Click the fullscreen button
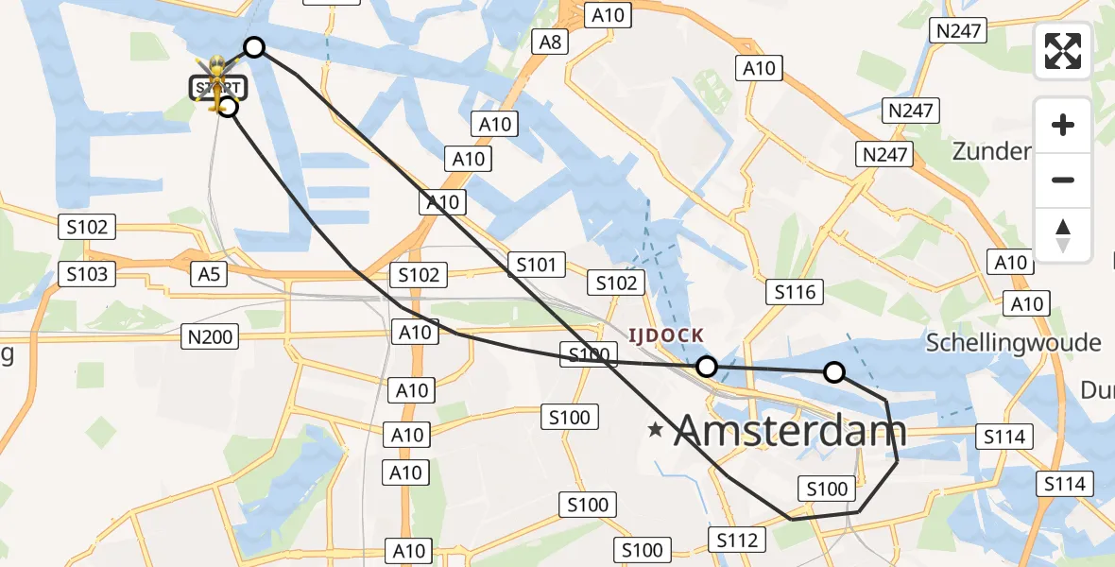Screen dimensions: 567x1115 pyautogui.click(x=1063, y=51)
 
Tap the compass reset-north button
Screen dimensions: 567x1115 pyautogui.click(x=1063, y=235)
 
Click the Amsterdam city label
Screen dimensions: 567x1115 pyautogui.click(x=790, y=432)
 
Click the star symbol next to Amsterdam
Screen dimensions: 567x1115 pyautogui.click(x=656, y=431)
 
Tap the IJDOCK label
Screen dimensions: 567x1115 pyautogui.click(x=668, y=335)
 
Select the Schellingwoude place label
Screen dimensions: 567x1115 pyautogui.click(x=1013, y=342)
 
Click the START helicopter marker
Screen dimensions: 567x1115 pyautogui.click(x=218, y=83)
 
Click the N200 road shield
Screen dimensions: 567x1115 pyautogui.click(x=210, y=335)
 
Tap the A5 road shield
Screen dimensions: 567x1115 pyautogui.click(x=209, y=274)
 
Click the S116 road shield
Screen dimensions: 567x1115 pyautogui.click(x=795, y=293)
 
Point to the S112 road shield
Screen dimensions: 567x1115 pyautogui.click(x=736, y=541)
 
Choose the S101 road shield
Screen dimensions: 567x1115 pyautogui.click(x=536, y=265)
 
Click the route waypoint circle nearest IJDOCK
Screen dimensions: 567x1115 pyautogui.click(x=706, y=367)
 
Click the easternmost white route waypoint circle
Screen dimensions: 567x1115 pyautogui.click(x=834, y=372)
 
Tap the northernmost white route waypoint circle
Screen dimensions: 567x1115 pyautogui.click(x=254, y=47)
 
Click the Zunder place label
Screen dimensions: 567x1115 pyautogui.click(x=990, y=151)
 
